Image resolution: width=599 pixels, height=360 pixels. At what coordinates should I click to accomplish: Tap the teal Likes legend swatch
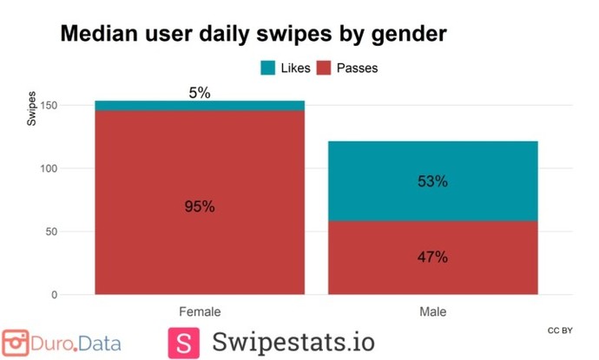(x=268, y=67)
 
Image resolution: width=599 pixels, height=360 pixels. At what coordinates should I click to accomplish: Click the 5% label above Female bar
(x=200, y=93)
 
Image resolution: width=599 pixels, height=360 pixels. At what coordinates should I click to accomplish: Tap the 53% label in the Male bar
(x=431, y=181)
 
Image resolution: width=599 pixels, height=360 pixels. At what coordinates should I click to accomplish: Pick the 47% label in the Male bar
(x=431, y=257)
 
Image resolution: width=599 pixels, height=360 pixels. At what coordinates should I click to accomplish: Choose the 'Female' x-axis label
(x=200, y=311)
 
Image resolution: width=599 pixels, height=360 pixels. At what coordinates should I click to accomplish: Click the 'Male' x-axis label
(x=431, y=311)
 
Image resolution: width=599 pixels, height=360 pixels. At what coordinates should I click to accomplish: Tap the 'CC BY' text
(x=560, y=331)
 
